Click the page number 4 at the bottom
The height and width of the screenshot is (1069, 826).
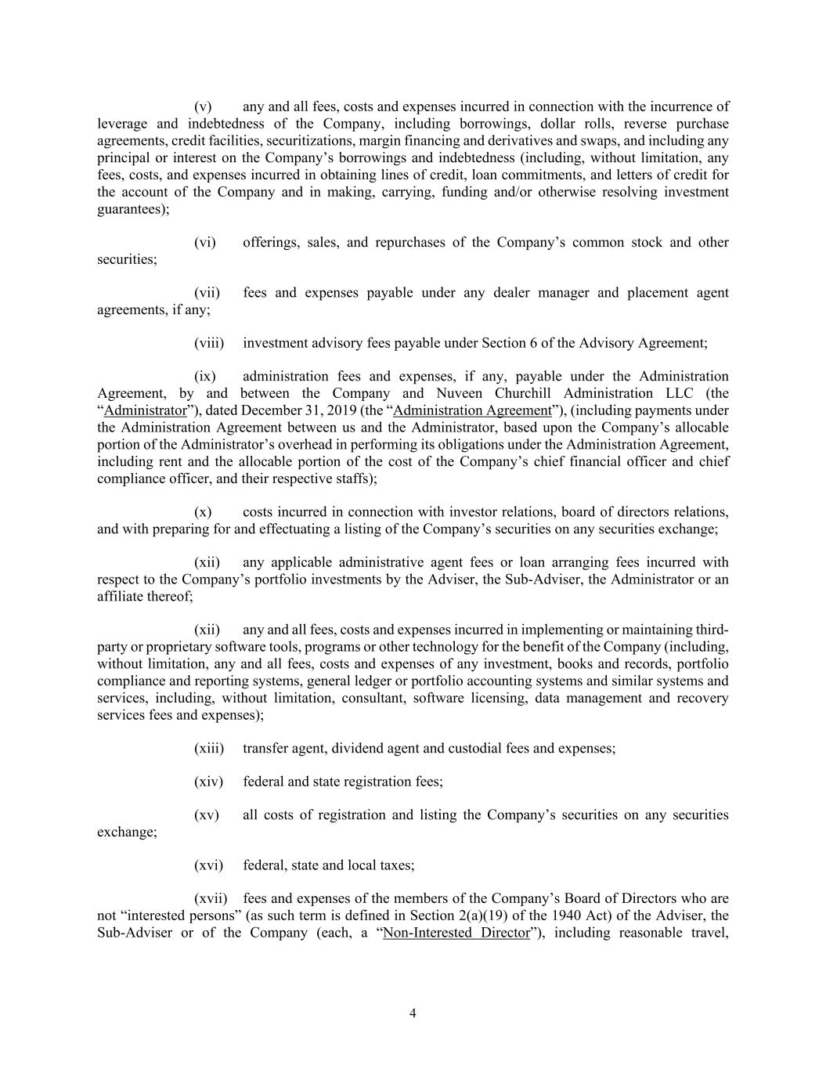(x=413, y=1013)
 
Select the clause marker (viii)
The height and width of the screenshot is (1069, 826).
(x=209, y=343)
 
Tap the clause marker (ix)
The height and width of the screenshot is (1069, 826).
(x=205, y=377)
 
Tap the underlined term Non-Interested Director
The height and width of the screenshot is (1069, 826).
(x=456, y=933)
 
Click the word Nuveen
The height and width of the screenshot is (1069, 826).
(x=461, y=394)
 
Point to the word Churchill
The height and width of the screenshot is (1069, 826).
(x=525, y=394)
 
